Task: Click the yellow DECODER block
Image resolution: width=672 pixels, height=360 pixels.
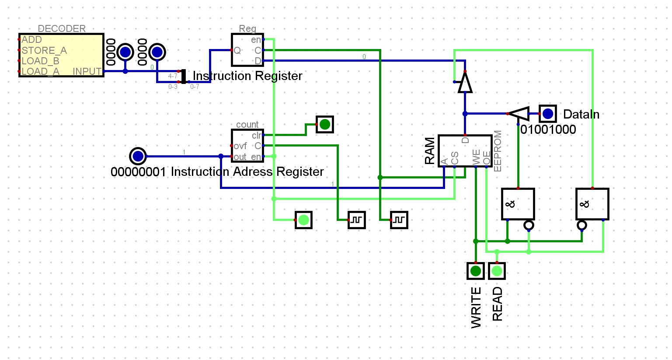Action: (x=61, y=55)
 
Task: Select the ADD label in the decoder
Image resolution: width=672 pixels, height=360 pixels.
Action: (x=32, y=40)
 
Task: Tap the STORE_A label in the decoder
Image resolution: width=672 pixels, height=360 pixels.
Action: (x=44, y=50)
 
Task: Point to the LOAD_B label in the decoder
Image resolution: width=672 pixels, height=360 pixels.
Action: (x=40, y=61)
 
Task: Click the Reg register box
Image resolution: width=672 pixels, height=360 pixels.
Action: (x=247, y=50)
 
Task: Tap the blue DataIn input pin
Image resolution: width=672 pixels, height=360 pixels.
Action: (x=548, y=114)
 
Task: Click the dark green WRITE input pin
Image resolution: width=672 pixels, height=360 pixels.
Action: (x=476, y=271)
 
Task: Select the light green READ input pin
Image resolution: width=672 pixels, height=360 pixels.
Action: (x=497, y=271)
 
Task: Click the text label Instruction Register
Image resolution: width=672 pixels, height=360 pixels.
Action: (x=247, y=76)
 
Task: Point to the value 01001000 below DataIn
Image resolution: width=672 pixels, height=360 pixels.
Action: (x=548, y=129)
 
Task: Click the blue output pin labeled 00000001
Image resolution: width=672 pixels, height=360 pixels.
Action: (x=138, y=156)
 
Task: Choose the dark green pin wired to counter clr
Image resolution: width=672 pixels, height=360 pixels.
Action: (x=325, y=125)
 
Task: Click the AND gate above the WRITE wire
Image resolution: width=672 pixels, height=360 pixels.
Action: (x=518, y=204)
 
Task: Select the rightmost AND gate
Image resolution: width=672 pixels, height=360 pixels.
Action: (x=592, y=204)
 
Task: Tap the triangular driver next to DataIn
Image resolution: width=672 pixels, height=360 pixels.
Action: (x=519, y=114)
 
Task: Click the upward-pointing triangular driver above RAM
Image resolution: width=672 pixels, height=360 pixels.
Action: (x=465, y=83)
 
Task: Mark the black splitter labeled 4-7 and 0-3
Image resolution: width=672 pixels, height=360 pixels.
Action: (x=184, y=77)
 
